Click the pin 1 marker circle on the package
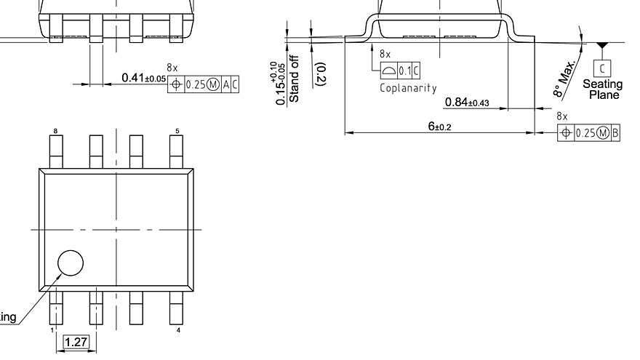[71, 263]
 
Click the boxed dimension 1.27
[76, 342]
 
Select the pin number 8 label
[55, 131]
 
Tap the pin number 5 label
[177, 131]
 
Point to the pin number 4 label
[179, 331]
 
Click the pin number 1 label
[52, 331]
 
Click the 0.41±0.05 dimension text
[143, 78]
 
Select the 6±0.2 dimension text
[439, 127]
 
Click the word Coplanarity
[408, 88]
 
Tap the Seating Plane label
[602, 90]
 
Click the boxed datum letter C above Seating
[602, 69]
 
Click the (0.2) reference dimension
[321, 74]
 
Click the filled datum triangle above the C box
[601, 47]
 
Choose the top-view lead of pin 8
[56, 151]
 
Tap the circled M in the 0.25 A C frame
[212, 84]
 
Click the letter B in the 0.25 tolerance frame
[616, 132]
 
